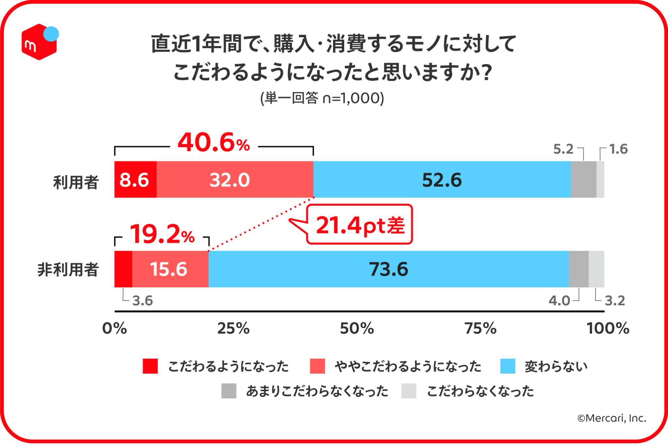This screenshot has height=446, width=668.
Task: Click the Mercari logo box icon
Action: (x=39, y=42)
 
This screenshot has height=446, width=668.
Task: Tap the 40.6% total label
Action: (x=214, y=143)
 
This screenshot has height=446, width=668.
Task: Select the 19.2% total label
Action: (x=162, y=235)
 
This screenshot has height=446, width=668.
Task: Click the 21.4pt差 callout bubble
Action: (x=360, y=225)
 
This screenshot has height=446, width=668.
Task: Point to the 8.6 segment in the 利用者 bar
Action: (x=134, y=180)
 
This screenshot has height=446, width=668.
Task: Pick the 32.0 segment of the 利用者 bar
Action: (x=230, y=180)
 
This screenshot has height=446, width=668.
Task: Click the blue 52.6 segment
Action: (x=442, y=180)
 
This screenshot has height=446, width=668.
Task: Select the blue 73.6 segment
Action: (x=388, y=269)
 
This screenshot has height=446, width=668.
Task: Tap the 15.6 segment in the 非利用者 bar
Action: (x=169, y=269)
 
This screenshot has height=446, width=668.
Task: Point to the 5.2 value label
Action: (x=563, y=149)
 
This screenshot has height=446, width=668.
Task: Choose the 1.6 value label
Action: (x=618, y=149)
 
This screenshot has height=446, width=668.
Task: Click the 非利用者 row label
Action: (x=68, y=270)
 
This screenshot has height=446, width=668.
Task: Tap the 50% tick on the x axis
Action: (x=357, y=328)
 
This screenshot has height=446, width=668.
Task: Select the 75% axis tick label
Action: (x=480, y=328)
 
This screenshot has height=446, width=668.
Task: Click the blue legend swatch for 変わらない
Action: (x=508, y=366)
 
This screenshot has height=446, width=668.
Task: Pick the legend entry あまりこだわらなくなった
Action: (x=317, y=391)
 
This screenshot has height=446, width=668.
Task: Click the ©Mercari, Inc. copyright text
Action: (x=612, y=418)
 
